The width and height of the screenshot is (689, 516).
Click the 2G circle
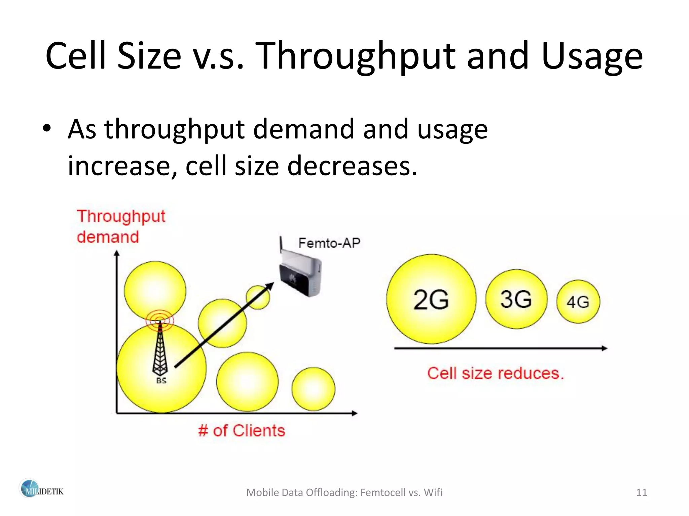pyautogui.click(x=431, y=299)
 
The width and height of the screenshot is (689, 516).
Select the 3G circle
pyautogui.click(x=516, y=299)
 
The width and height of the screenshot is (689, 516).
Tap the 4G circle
pyautogui.click(x=578, y=301)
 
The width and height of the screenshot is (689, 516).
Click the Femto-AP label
pyautogui.click(x=329, y=243)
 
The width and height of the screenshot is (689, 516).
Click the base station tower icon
pyautogui.click(x=160, y=349)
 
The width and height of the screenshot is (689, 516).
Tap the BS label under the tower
pyautogui.click(x=161, y=381)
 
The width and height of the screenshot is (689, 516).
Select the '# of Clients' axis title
pyautogui.click(x=242, y=431)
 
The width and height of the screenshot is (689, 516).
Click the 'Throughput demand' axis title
pyautogui.click(x=120, y=226)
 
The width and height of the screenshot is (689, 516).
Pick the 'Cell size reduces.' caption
pyautogui.click(x=495, y=373)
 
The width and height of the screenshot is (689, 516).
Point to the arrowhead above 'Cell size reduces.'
pyautogui.click(x=604, y=348)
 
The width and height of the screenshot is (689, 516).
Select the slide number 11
pyautogui.click(x=642, y=492)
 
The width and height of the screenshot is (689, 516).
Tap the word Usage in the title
pyautogui.click(x=592, y=56)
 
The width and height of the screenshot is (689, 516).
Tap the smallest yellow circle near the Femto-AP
pyautogui.click(x=257, y=297)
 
